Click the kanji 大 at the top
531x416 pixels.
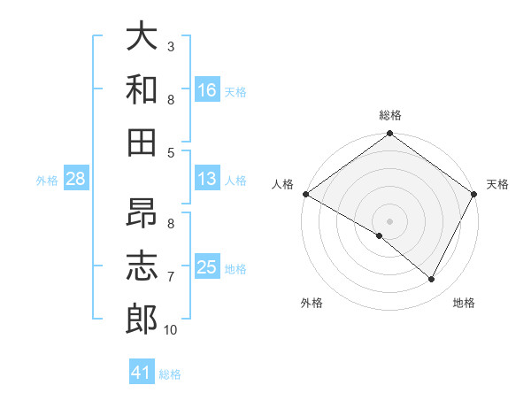pos(142,36)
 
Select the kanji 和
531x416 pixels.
pos(142,89)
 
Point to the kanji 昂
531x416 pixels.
pos(142,214)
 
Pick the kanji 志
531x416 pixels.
pos(142,266)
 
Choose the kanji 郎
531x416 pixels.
pos(142,319)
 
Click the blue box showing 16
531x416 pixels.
pos(206,89)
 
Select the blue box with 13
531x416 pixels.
pos(206,179)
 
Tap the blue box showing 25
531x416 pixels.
pos(206,267)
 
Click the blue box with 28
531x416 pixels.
pos(76,179)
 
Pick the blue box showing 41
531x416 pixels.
pos(142,373)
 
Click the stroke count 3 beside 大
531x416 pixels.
pos(171,46)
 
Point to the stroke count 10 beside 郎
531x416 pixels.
pos(171,330)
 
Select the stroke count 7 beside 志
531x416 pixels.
pos(171,277)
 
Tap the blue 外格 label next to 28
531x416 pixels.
pos(47,181)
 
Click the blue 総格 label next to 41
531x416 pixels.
pos(170,374)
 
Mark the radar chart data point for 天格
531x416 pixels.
pos(474,194)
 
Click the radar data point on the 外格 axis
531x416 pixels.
pos(380,235)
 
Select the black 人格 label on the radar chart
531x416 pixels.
pos(283,184)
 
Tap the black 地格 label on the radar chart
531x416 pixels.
pos(464,303)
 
